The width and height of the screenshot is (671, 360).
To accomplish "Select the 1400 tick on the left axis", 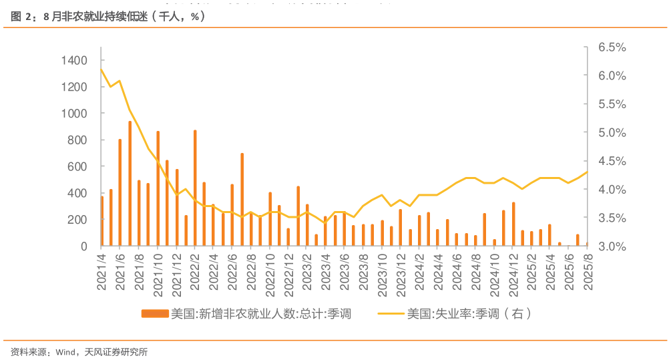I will (x=73, y=61).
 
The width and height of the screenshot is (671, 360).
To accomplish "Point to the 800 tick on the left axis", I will (x=77, y=140).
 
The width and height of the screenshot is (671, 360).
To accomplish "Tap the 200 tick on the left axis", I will (x=77, y=220).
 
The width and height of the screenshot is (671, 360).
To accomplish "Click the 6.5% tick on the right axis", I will (x=612, y=47).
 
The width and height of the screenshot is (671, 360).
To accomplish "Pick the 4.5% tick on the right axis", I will (x=612, y=161).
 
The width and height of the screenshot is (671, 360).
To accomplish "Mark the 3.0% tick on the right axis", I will (x=612, y=246).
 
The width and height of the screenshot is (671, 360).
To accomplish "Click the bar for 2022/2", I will (x=195, y=188).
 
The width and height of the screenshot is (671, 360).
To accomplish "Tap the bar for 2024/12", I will (x=513, y=224).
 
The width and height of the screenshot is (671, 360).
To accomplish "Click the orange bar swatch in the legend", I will (x=154, y=313).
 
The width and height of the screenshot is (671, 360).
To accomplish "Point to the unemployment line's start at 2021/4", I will (x=101, y=69).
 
